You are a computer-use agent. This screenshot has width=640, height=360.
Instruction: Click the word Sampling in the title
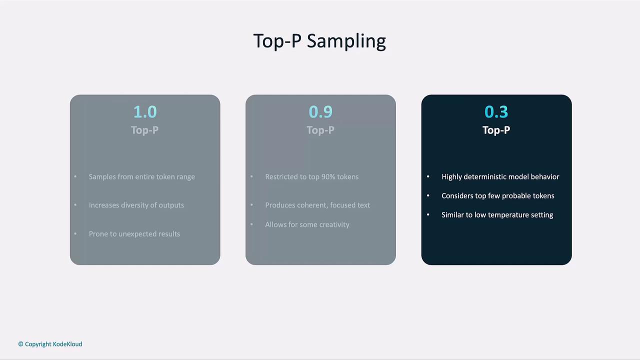click(x=346, y=41)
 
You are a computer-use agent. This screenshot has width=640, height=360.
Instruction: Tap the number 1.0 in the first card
click(x=145, y=111)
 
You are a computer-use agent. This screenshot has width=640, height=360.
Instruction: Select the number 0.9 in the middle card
click(x=320, y=111)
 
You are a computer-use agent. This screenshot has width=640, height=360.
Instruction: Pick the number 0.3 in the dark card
click(x=496, y=111)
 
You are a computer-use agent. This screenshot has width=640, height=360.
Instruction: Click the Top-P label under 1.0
click(x=145, y=130)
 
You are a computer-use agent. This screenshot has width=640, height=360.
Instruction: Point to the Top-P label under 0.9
click(x=320, y=130)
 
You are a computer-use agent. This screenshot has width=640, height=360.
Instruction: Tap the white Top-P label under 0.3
click(x=496, y=130)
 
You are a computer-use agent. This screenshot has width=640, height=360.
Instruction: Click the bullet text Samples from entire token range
click(x=141, y=177)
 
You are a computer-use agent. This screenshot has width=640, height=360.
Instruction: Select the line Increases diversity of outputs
click(x=136, y=205)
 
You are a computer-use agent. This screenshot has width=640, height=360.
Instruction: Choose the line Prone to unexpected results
click(x=134, y=234)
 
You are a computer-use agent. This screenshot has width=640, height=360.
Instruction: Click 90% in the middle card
click(x=328, y=177)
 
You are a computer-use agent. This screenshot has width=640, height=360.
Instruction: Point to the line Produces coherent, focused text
click(x=317, y=205)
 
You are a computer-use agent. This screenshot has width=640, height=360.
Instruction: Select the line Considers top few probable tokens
click(x=497, y=196)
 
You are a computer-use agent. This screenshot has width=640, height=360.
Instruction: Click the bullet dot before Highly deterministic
click(x=428, y=176)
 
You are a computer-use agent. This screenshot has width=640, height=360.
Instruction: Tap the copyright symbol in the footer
click(x=21, y=344)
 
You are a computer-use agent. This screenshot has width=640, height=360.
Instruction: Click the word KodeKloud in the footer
click(x=67, y=344)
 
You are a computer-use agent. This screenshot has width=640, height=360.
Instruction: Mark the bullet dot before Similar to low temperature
click(x=428, y=214)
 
